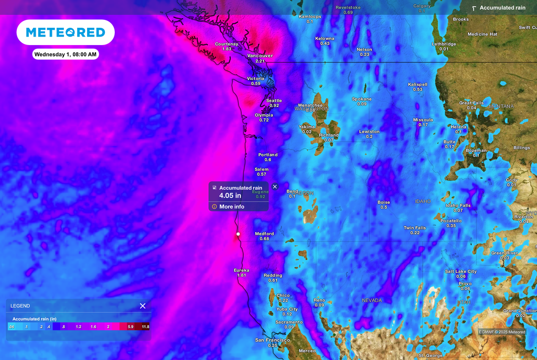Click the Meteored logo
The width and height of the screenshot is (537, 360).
coord(66,32)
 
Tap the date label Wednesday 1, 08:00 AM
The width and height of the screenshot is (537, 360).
coord(66,54)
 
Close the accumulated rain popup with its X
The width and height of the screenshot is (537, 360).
coord(275,187)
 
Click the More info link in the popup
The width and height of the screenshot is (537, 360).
coord(231,206)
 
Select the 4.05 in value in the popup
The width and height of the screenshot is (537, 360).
coord(230,196)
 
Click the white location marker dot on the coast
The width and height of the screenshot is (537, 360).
coord(238,234)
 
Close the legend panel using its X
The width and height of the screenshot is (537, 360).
coord(143,306)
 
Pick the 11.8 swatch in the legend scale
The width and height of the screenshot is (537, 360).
coord(145,326)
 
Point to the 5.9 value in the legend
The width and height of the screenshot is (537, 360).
coord(131,326)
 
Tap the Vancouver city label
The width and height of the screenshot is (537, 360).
coord(260,56)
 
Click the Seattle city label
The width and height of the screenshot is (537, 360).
coord(274,101)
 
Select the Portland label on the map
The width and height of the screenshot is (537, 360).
coord(268,155)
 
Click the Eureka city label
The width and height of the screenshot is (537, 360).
coord(241,270)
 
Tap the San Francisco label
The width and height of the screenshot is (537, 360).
coord(272,340)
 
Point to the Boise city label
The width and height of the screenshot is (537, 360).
coord(384,202)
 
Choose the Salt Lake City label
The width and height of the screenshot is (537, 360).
coord(460,271)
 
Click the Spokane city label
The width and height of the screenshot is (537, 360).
coord(361,99)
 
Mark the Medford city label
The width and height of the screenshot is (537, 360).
coord(264,234)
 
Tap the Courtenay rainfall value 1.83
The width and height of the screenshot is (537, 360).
coord(227,49)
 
